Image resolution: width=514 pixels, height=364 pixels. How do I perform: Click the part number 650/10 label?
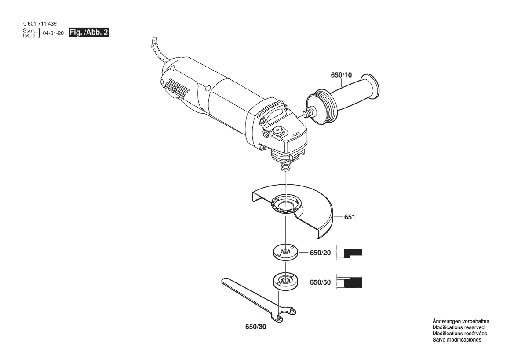coord(341,75)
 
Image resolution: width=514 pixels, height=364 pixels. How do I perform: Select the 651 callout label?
coord(350,217)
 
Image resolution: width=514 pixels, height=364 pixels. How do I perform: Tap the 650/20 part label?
coord(320,253)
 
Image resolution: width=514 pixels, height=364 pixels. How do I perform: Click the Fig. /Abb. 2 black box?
coord(89,33)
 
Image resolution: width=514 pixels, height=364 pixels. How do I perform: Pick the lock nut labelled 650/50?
coord(287,280)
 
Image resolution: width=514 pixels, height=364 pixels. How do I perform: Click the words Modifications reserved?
coord(458,327)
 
